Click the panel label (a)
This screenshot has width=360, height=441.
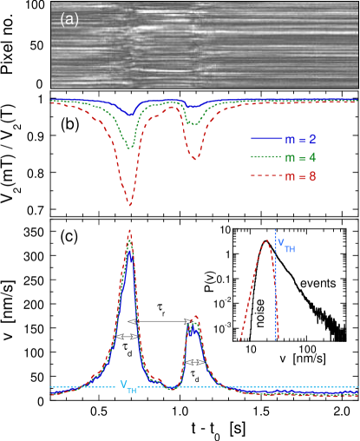coord(69,19)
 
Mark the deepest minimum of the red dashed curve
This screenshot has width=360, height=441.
coord(130,205)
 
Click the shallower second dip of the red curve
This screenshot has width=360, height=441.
coord(194,159)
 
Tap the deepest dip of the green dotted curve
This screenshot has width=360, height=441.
coord(130,148)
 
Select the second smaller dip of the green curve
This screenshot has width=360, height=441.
coord(193,125)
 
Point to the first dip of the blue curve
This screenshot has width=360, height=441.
coord(130,114)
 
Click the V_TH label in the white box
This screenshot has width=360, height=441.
coord(128,386)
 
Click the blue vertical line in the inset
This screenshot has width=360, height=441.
coord(277,286)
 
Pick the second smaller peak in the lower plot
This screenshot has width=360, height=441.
coord(194,318)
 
